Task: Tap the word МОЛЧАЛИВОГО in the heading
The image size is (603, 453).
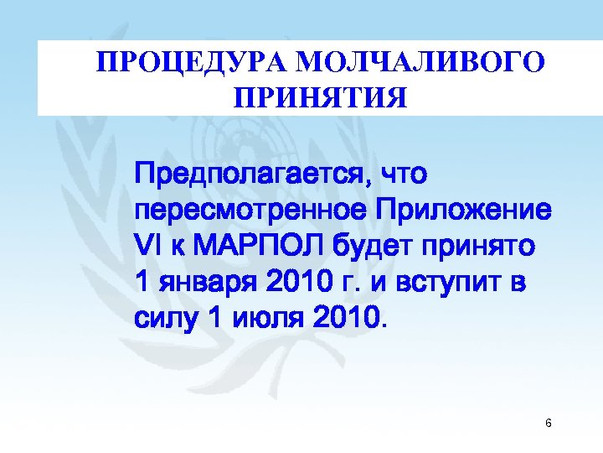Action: pyautogui.click(x=420, y=62)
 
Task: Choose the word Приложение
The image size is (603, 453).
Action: pyautogui.click(x=464, y=211)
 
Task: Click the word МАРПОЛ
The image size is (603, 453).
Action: pyautogui.click(x=259, y=246)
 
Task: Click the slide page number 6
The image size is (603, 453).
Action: pyautogui.click(x=548, y=423)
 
